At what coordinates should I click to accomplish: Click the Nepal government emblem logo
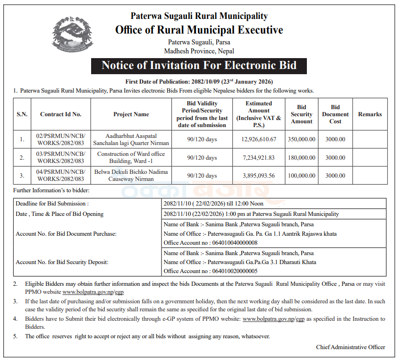click(70, 34)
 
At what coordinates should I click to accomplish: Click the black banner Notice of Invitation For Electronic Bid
click(199, 65)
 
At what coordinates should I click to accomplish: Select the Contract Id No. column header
click(60, 114)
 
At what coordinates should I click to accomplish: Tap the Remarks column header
click(370, 114)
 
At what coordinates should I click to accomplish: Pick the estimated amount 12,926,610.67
click(259, 139)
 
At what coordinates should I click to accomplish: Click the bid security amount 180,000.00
click(302, 157)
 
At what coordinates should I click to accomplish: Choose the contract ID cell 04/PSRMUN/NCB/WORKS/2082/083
click(60, 175)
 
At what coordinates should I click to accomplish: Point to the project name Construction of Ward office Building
click(131, 157)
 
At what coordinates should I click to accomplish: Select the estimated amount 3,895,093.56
click(259, 175)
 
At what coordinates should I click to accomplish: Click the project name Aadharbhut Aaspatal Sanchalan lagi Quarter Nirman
click(131, 139)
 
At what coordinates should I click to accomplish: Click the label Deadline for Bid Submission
click(52, 204)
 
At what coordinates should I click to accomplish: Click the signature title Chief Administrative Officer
click(350, 347)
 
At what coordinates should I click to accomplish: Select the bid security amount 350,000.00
click(302, 139)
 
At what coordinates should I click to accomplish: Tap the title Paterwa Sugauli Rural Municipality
click(199, 16)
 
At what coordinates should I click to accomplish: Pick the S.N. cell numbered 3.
click(22, 175)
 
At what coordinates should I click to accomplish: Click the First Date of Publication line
click(199, 82)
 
